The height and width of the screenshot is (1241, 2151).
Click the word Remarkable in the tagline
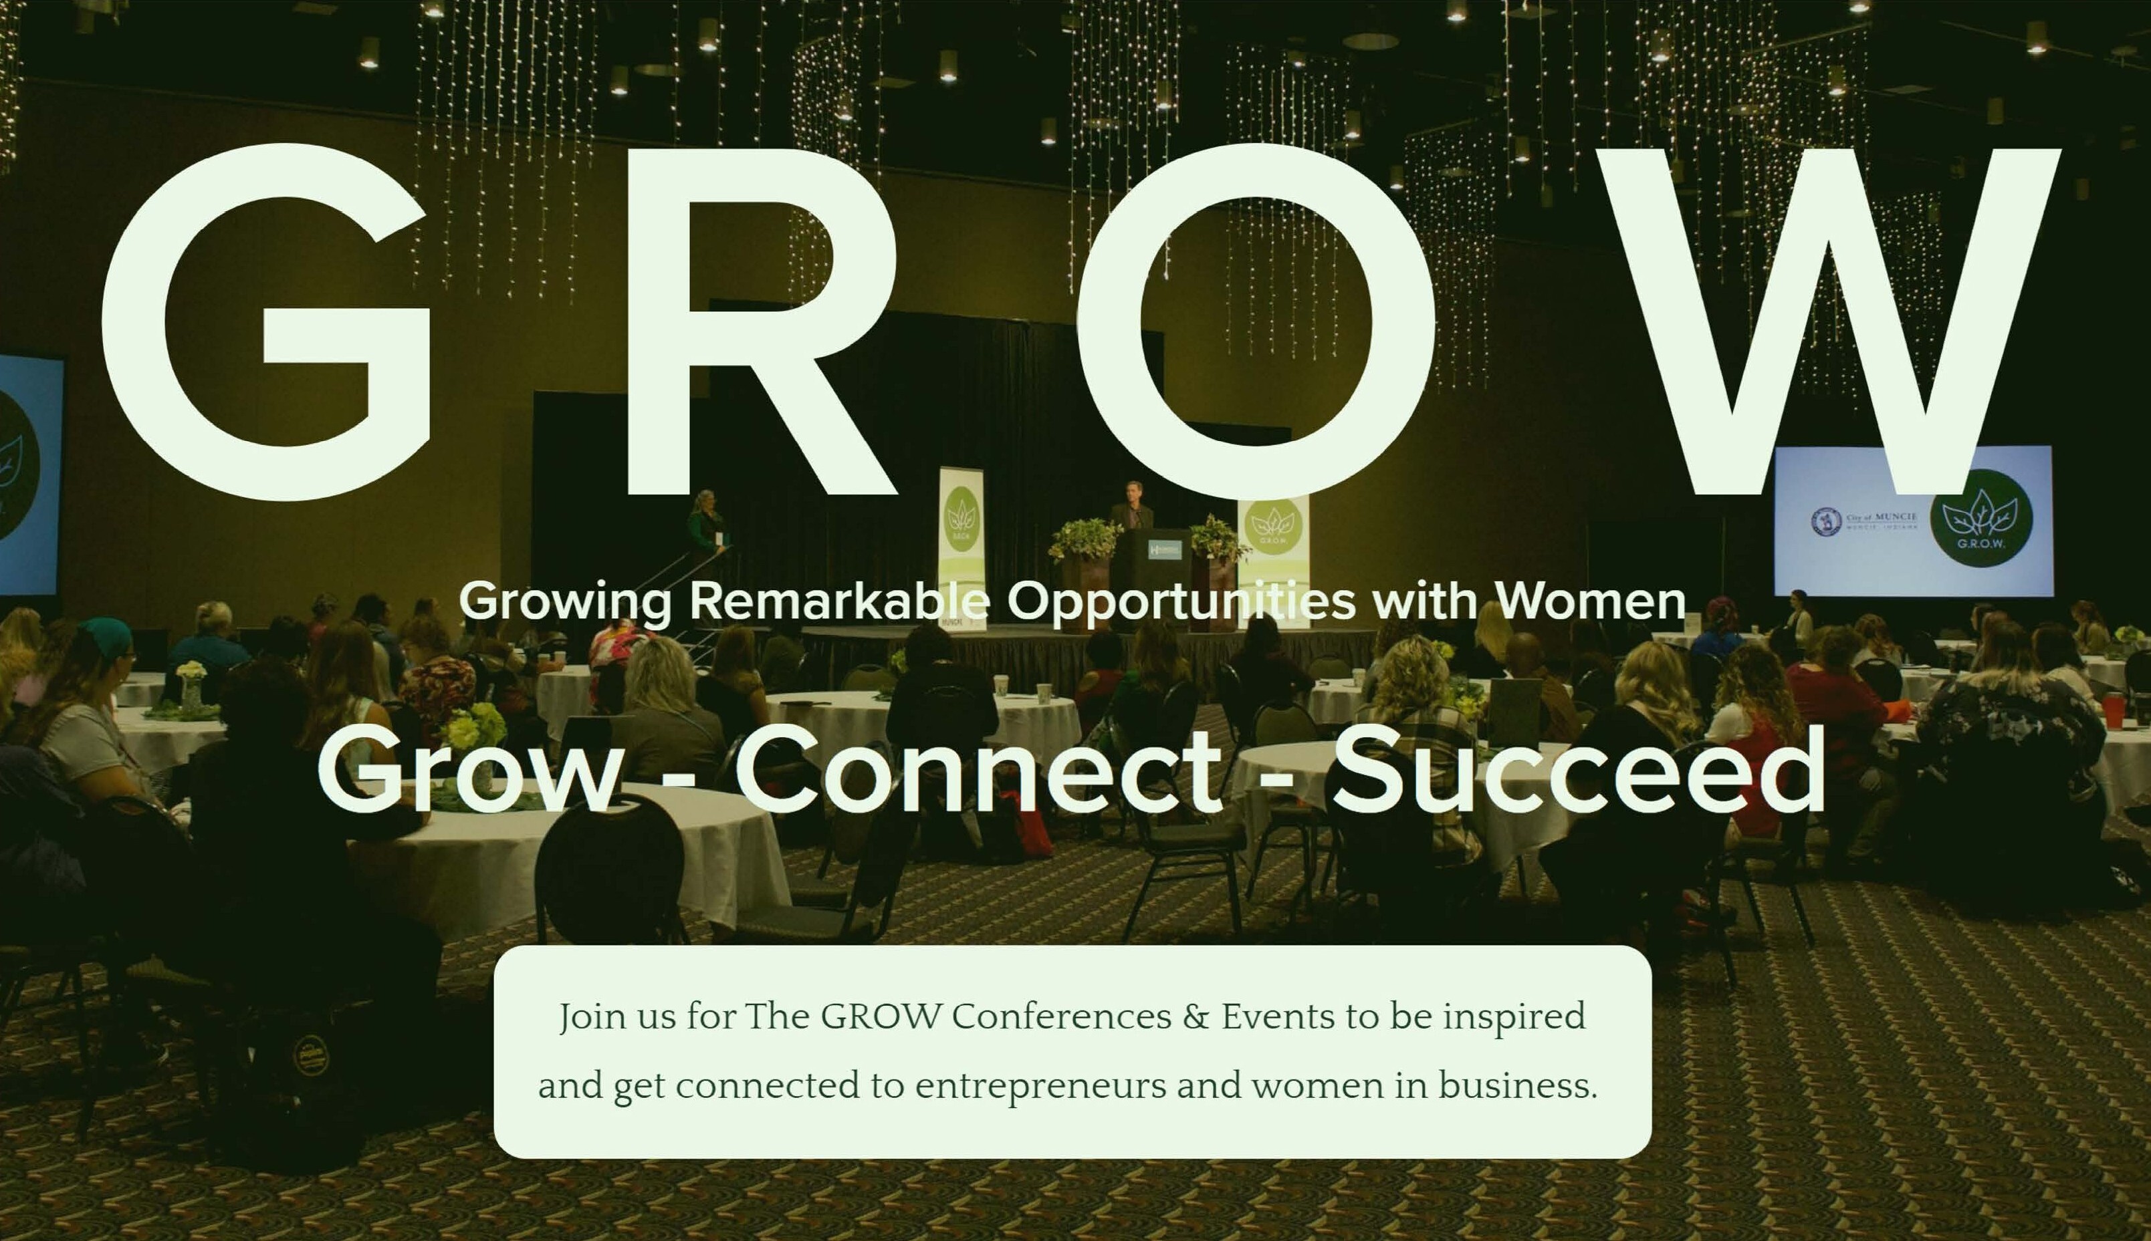coord(839,600)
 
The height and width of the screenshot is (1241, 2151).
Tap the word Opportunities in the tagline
coord(1181,601)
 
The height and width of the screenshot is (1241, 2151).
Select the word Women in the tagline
coord(1591,600)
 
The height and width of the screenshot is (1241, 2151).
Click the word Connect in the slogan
coord(978,771)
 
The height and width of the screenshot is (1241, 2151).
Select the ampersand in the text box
coord(1196,1017)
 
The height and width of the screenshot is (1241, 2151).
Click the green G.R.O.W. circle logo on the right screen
coord(1980,518)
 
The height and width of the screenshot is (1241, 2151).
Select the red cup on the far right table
coord(2114,710)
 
